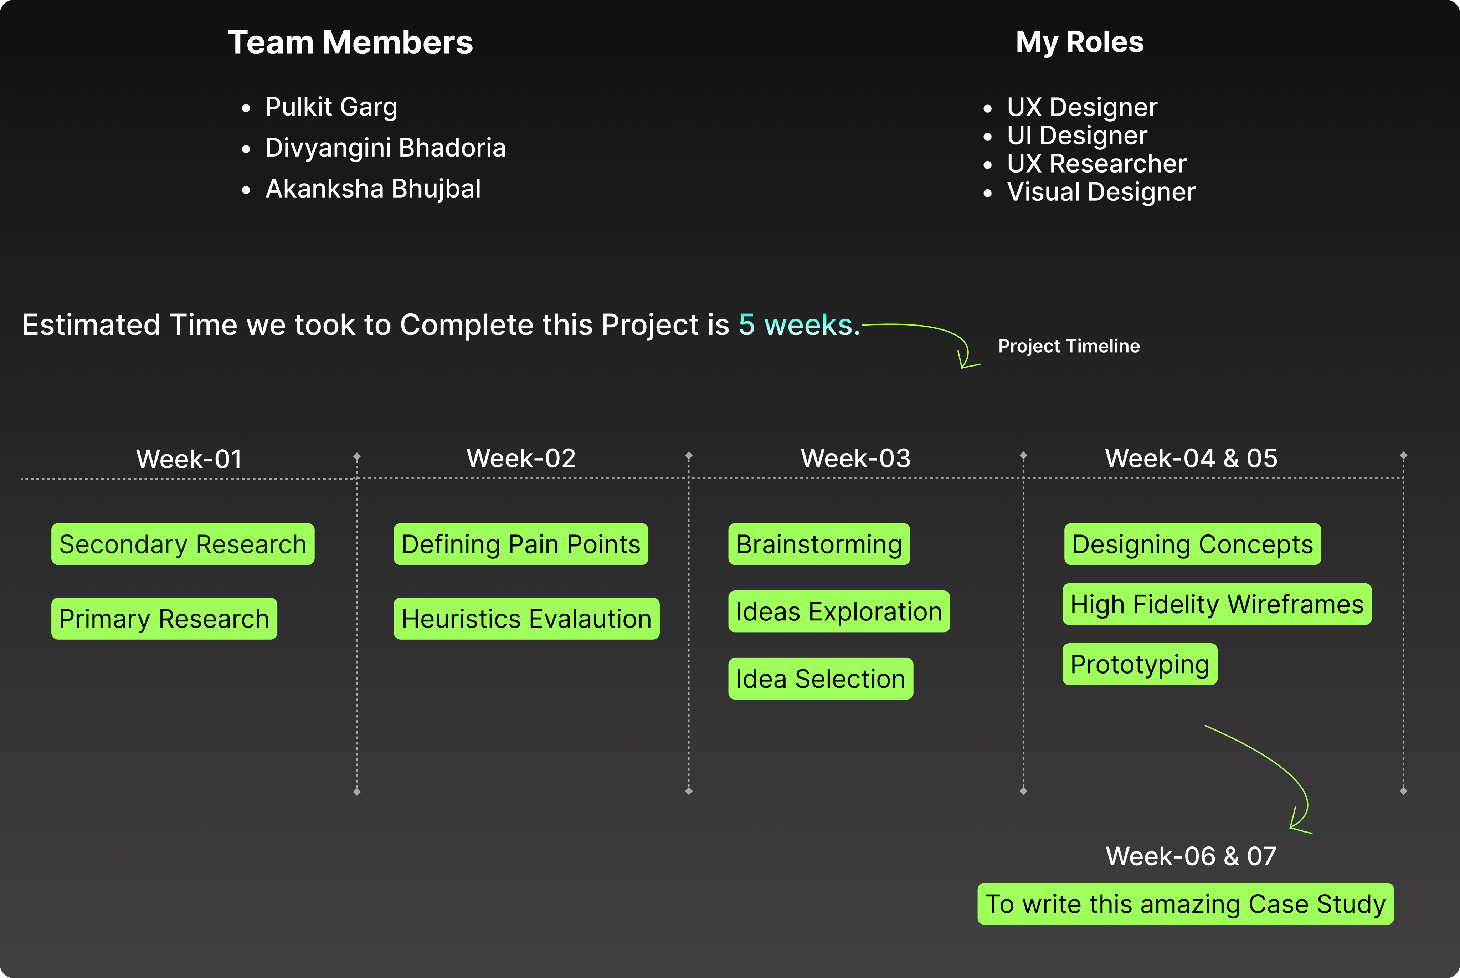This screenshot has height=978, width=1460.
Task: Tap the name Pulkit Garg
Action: coord(331,107)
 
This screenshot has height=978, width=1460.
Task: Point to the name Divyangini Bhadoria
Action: coord(385,148)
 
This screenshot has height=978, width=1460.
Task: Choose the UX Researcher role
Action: coord(1096,163)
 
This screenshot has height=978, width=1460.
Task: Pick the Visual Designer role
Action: coord(1101,192)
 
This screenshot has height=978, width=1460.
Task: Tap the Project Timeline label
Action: coord(1069,346)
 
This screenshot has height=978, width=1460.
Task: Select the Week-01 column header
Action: coord(189,459)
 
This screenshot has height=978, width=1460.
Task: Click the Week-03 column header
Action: coord(855,459)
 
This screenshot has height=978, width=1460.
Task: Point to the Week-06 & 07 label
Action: coord(1191,856)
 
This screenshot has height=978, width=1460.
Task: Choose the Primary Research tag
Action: coord(164,619)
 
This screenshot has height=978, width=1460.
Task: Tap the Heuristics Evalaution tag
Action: coord(526,619)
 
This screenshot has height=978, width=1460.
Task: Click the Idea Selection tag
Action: coord(821,679)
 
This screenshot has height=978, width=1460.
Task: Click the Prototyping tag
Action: coord(1140,664)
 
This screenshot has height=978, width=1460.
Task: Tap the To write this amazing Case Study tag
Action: coord(1185,904)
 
